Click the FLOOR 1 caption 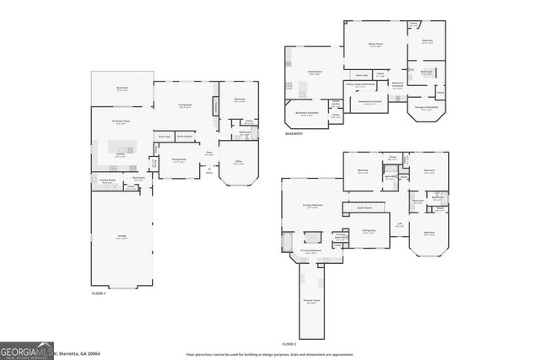pyautogui.click(x=100, y=293)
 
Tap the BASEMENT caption pyautogui.click(x=294, y=132)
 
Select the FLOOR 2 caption pyautogui.click(x=289, y=344)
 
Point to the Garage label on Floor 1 pyautogui.click(x=121, y=238)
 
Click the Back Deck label pyautogui.click(x=121, y=88)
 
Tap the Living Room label pyautogui.click(x=186, y=105)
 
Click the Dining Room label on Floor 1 pyautogui.click(x=179, y=161)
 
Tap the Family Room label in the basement pyautogui.click(x=316, y=73)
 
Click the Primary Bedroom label pyautogui.click(x=314, y=206)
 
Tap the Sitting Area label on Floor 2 pyautogui.click(x=368, y=230)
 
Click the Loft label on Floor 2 pyautogui.click(x=399, y=225)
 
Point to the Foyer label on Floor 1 pyautogui.click(x=208, y=153)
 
